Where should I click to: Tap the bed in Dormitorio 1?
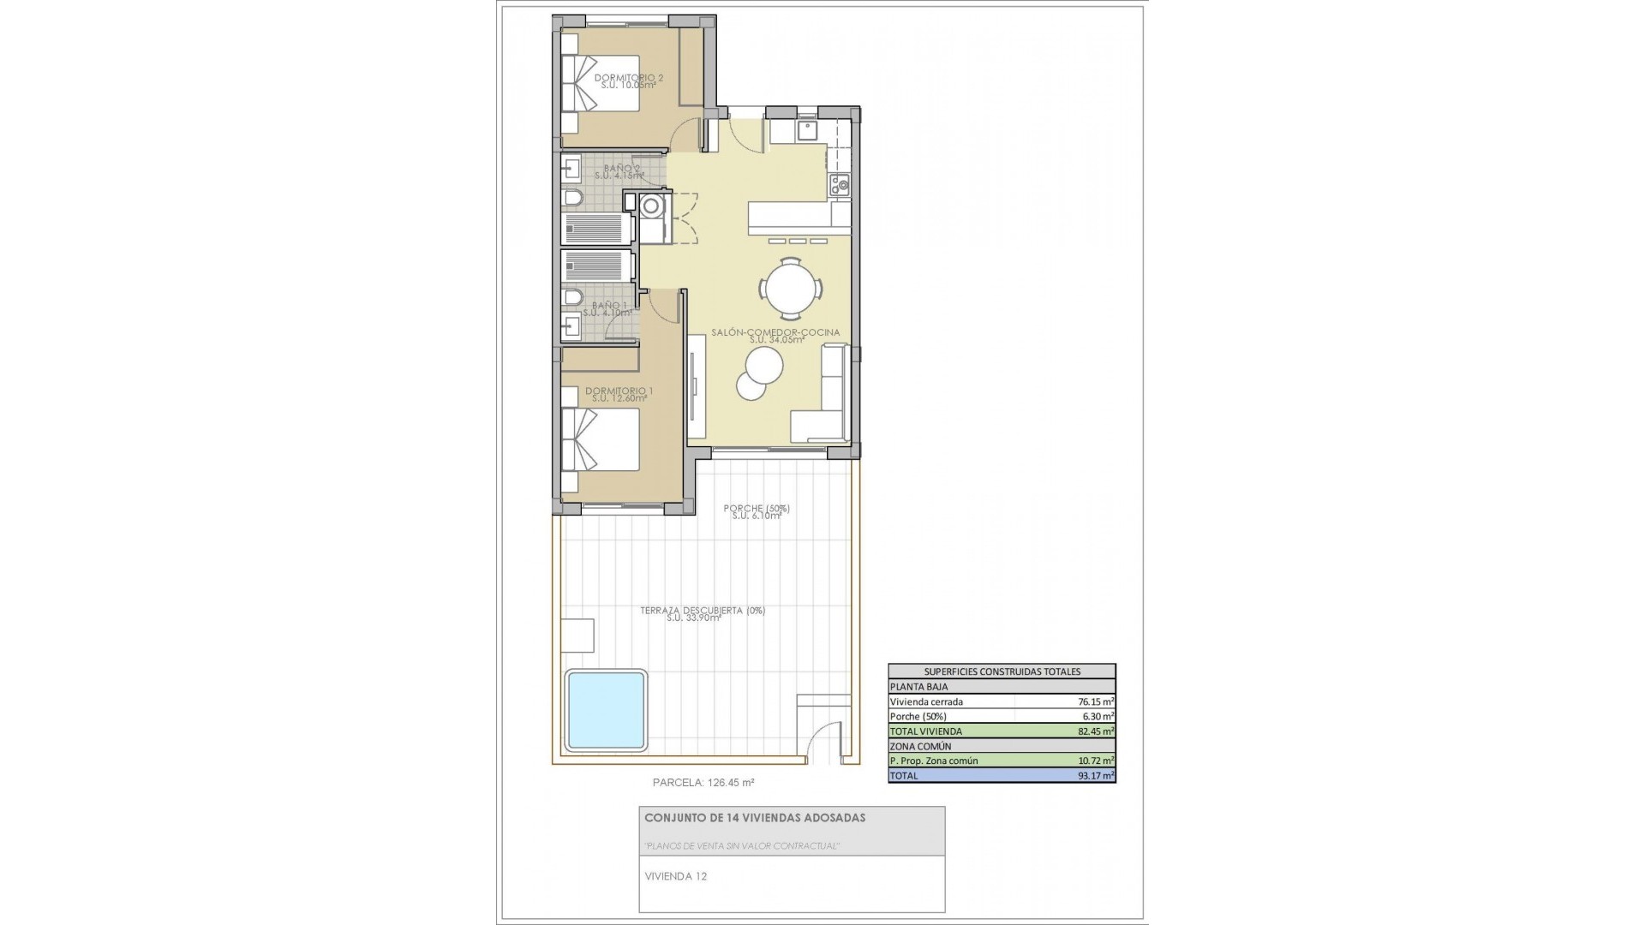[x=601, y=439]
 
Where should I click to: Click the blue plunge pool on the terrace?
[x=605, y=710]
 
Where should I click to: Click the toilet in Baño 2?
[x=573, y=200]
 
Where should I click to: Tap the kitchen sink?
[x=807, y=131]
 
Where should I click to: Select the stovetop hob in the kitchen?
[x=839, y=182]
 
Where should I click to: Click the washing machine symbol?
[x=651, y=206]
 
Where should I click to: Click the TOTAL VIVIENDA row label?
[x=926, y=731]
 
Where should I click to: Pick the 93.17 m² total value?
[x=1095, y=776]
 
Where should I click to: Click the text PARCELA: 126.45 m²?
[x=703, y=782]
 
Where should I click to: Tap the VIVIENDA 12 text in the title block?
[x=675, y=876]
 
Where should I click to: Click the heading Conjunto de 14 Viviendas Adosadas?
[x=755, y=818]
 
